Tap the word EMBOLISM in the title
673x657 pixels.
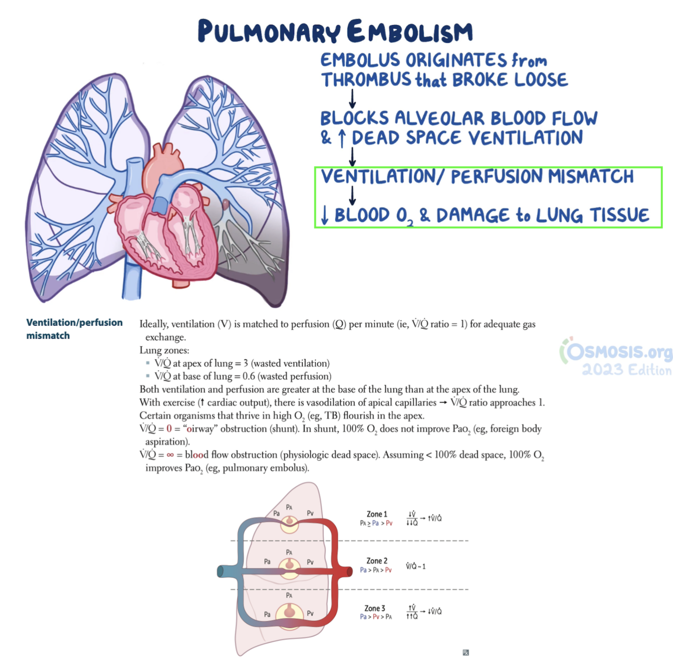coord(410,32)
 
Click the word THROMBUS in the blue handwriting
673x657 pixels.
coord(366,80)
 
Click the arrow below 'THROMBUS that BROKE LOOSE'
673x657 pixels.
coord(352,99)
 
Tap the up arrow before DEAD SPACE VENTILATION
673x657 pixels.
coord(342,138)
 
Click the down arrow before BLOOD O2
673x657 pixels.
coord(325,215)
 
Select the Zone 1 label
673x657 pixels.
coord(376,514)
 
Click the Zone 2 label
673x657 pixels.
coord(376,561)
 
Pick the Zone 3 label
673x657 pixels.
coord(375,608)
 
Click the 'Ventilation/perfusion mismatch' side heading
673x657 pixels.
coord(74,329)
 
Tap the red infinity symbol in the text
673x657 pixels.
coord(170,455)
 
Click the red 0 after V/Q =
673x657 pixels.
coord(169,429)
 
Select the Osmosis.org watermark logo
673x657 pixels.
coord(615,351)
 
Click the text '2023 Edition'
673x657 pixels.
coord(627,370)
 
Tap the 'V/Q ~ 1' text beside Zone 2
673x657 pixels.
coord(416,566)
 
